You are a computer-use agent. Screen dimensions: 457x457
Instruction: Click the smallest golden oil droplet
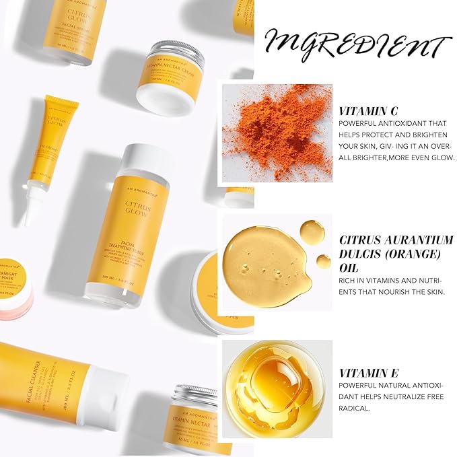[x=324, y=261]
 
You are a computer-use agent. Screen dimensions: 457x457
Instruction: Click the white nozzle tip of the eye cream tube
[x=28, y=215]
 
